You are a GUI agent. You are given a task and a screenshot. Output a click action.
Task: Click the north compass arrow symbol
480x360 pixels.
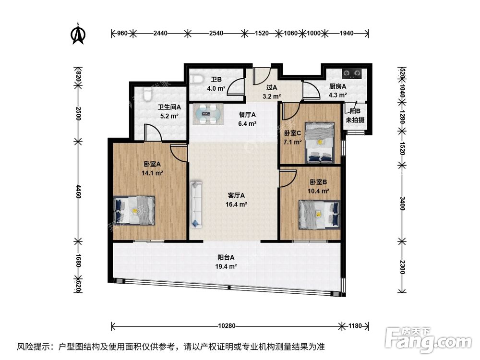tap(78, 33)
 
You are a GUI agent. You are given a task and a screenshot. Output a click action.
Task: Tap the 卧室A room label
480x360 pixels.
tap(152, 164)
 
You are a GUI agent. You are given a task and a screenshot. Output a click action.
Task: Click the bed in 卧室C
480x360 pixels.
tap(320, 142)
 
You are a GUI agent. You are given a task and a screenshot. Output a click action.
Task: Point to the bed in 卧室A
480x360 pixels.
tap(134, 210)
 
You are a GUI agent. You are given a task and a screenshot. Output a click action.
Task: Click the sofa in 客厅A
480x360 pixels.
tap(196, 204)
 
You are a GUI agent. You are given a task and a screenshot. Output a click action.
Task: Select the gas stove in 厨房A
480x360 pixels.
tap(353, 74)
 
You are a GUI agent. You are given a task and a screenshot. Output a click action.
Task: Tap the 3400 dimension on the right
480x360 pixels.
tap(403, 204)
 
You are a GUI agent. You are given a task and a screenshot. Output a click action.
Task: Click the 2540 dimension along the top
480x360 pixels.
tap(216, 33)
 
